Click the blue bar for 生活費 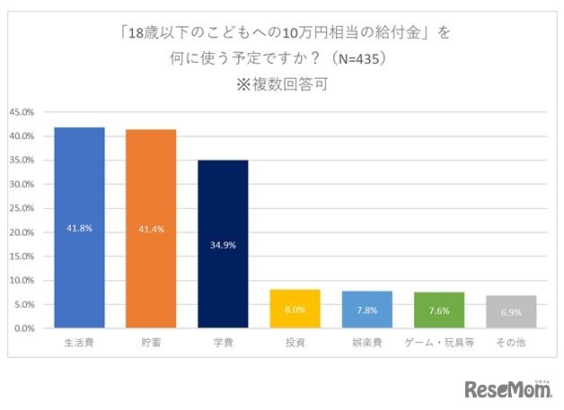(x=79, y=228)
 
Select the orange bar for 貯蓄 (x=151, y=229)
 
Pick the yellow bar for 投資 (x=295, y=309)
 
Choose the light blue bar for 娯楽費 (x=366, y=310)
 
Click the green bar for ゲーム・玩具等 (x=438, y=310)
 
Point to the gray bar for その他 (x=510, y=311)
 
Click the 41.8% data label (x=79, y=229)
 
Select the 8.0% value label (x=295, y=310)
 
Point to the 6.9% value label (x=510, y=312)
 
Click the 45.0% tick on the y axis (x=22, y=112)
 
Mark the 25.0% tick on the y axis (x=22, y=208)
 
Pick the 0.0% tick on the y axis (x=23, y=328)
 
